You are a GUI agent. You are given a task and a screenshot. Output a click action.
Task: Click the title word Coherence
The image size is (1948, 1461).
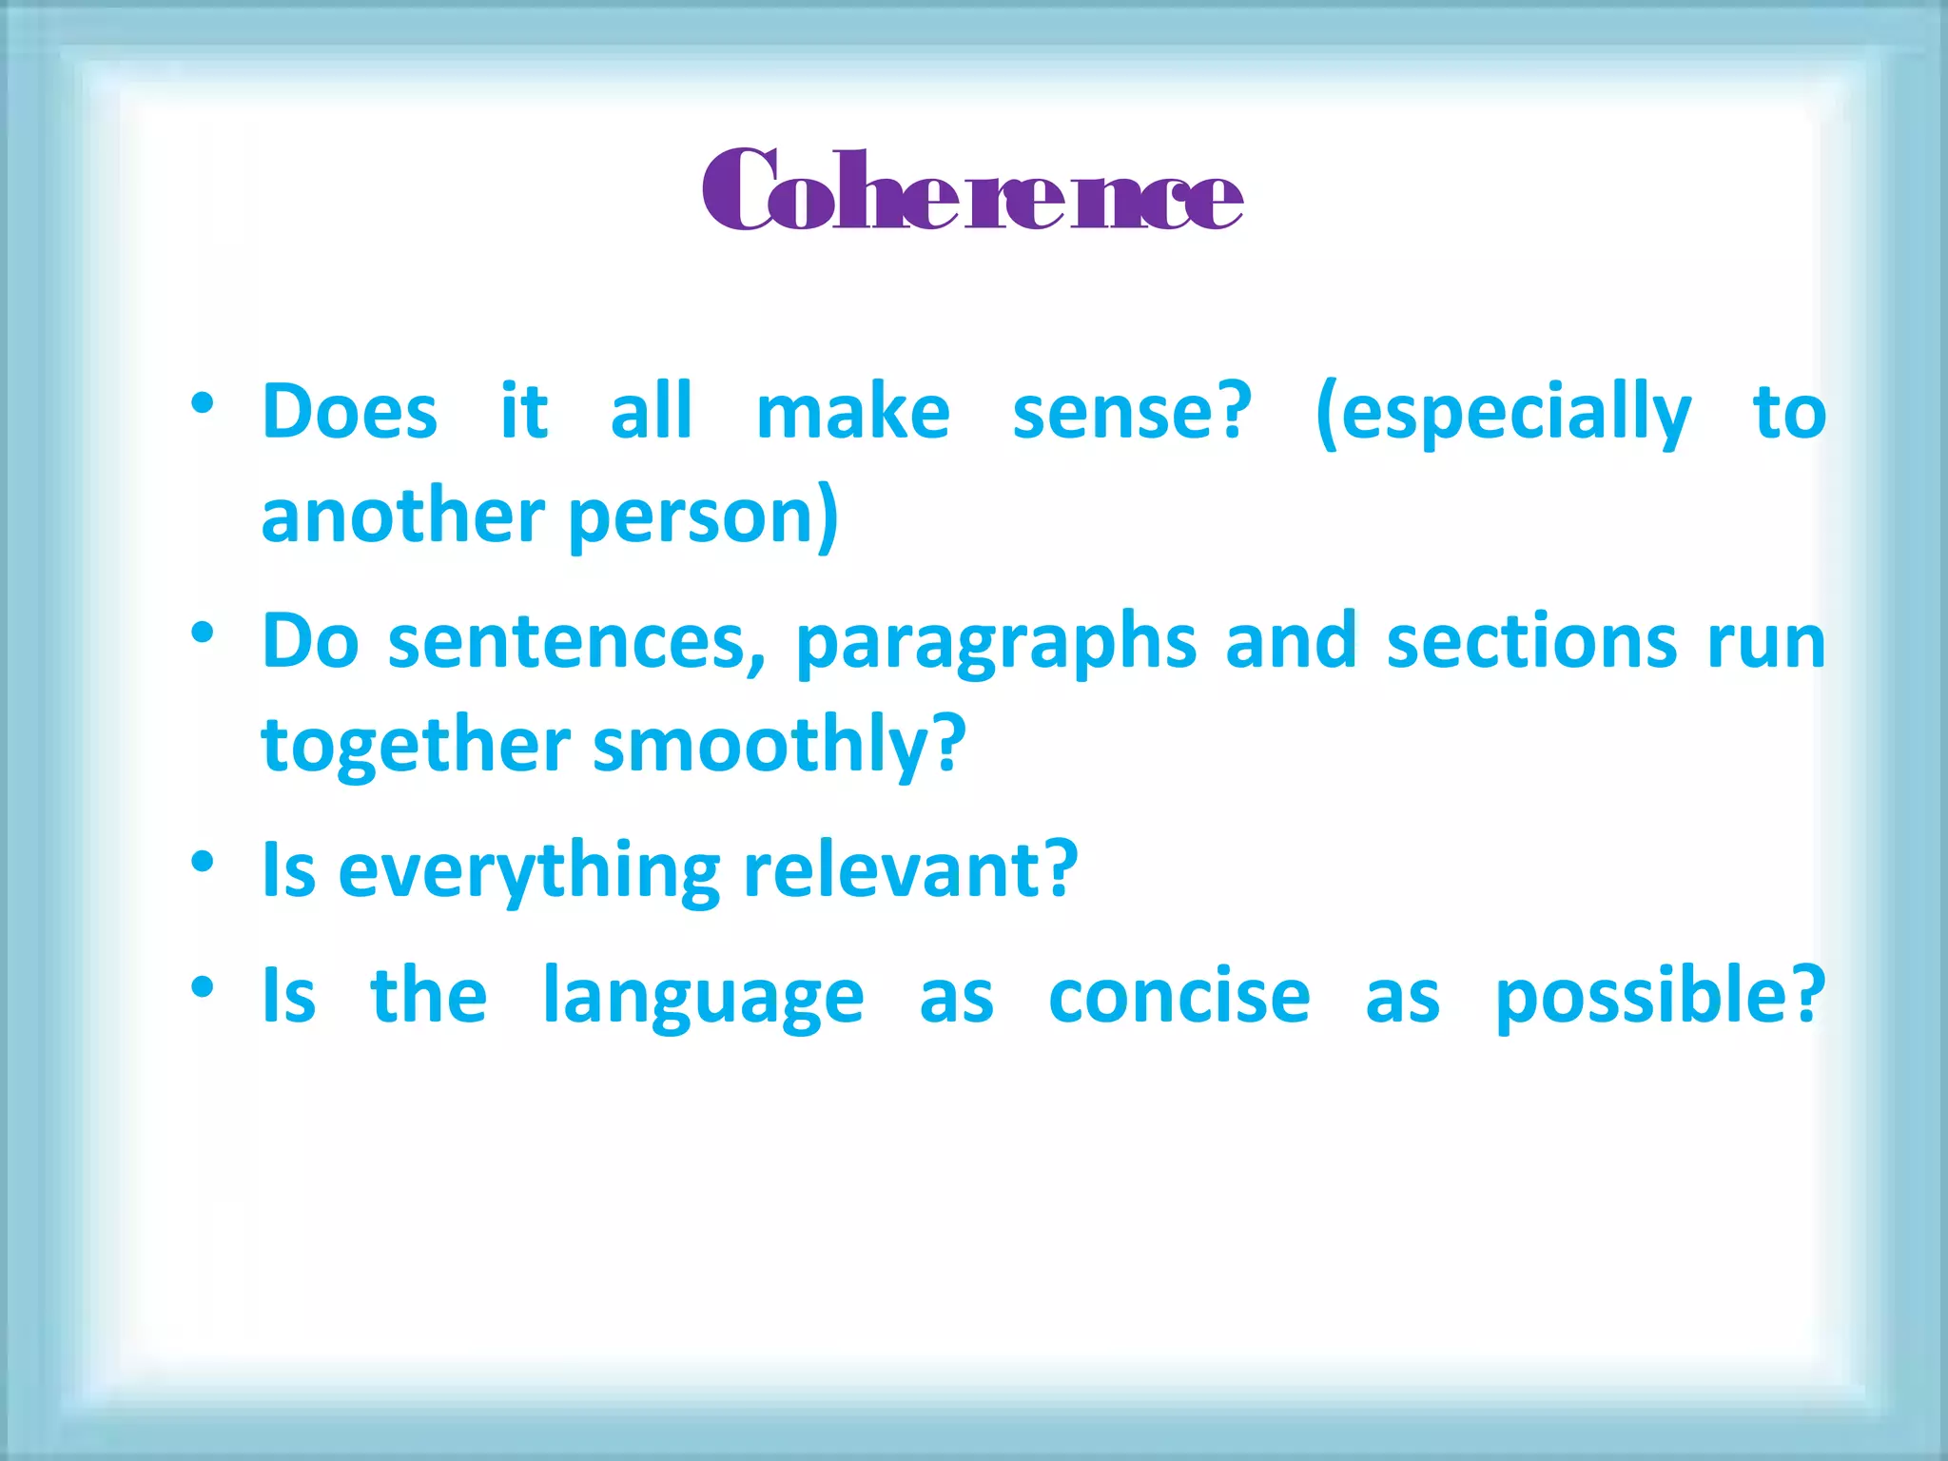tap(972, 191)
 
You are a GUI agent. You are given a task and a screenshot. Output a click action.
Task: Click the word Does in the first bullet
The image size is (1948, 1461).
tap(349, 412)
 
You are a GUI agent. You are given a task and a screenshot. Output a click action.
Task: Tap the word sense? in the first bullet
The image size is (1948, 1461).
tap(1132, 412)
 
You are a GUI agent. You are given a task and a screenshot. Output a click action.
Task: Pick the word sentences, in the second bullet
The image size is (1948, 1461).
tap(576, 642)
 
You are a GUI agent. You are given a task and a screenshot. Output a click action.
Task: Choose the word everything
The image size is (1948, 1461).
tap(529, 871)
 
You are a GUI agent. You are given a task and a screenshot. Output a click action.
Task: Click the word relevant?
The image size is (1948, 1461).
tap(910, 869)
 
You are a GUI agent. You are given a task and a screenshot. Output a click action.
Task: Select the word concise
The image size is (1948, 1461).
tap(1179, 996)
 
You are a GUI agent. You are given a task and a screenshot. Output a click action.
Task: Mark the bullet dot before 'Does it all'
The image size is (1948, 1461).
tap(202, 403)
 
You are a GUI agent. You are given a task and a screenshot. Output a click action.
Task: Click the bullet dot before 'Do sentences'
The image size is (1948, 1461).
tap(202, 633)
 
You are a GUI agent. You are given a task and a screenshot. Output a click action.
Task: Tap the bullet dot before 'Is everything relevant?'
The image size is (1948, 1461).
tap(202, 861)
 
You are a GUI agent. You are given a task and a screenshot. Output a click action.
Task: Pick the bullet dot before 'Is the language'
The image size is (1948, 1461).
tap(202, 986)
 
